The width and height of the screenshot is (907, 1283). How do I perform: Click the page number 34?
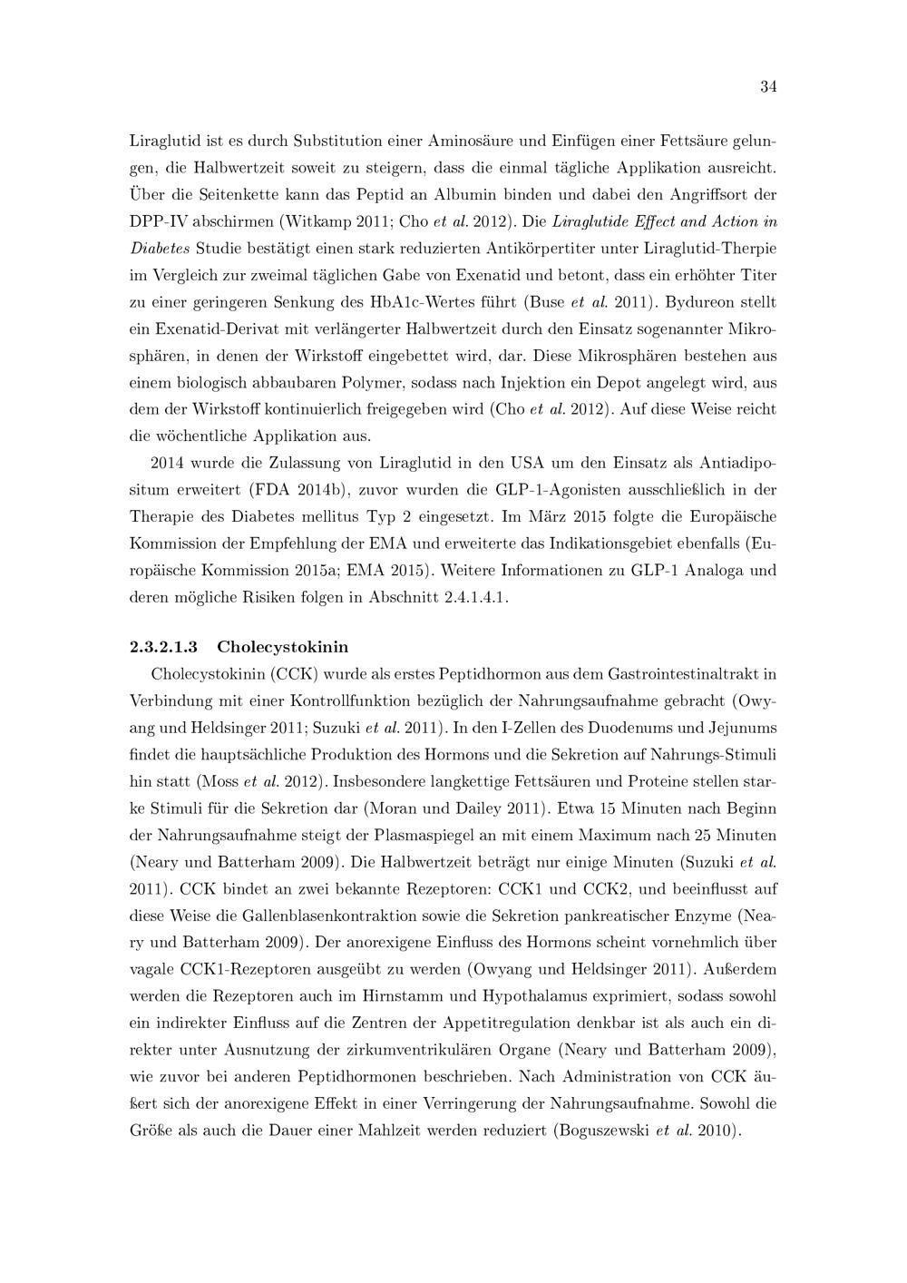(x=767, y=87)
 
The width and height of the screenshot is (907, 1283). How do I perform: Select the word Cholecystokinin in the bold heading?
(x=283, y=647)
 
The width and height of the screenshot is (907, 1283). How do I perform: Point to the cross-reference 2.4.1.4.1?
(x=469, y=598)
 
